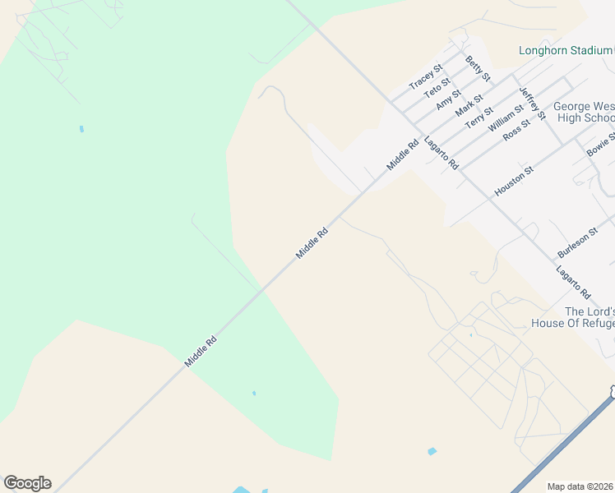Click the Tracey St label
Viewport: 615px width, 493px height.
pos(426,76)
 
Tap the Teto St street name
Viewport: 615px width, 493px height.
pos(437,87)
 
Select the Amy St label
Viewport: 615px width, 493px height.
pos(449,99)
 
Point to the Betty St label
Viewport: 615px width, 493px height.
pos(477,68)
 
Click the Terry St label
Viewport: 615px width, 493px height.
pos(479,117)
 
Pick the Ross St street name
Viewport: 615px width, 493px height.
pos(516,130)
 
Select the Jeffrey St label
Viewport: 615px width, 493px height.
pos(532,104)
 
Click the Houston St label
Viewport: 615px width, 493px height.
pos(514,181)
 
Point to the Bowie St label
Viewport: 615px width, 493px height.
pos(599,145)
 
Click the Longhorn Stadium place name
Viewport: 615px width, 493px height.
pos(566,50)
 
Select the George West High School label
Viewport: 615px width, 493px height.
pos(584,112)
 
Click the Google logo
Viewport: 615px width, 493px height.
pos(27,483)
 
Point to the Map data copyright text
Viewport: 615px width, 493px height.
pos(580,486)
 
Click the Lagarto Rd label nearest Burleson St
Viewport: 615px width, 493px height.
pos(573,282)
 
